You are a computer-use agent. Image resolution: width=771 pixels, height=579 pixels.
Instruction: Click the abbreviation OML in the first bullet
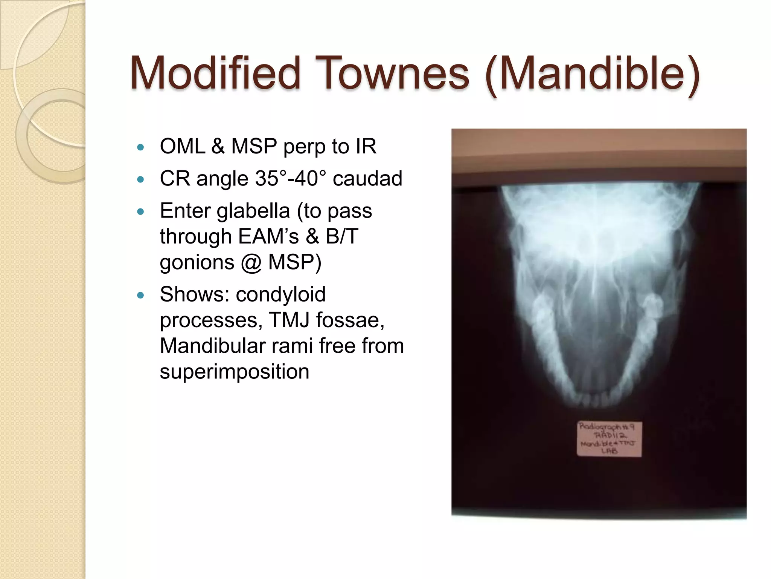182,146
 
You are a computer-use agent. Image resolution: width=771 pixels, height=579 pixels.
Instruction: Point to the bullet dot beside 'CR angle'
141,179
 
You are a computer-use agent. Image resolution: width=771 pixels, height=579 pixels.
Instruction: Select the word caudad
367,178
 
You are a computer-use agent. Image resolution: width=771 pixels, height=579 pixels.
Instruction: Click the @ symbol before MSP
251,262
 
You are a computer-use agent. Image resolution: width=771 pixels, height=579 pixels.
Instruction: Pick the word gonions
197,262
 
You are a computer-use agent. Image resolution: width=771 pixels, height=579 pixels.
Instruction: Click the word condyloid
280,294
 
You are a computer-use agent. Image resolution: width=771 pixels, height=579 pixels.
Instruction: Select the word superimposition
234,372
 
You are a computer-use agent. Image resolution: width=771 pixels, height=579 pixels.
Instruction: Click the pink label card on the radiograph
609,439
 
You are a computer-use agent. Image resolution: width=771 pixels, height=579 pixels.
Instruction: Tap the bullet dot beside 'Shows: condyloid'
141,295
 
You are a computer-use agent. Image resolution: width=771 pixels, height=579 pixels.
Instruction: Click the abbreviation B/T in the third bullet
342,237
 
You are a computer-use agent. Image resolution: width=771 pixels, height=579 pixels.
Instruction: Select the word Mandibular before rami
213,346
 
